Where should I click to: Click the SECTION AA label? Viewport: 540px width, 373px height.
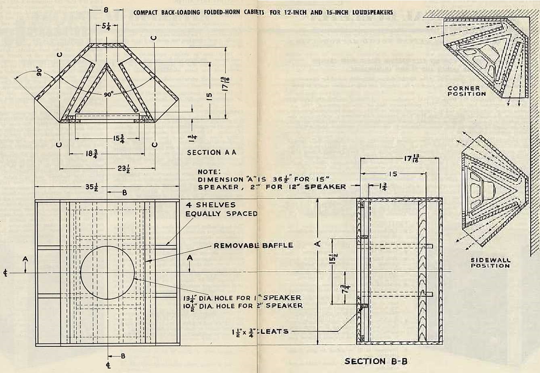[x=211, y=153]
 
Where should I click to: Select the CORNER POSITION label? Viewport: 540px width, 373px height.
[x=467, y=91]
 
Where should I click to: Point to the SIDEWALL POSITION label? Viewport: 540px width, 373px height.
[x=490, y=263]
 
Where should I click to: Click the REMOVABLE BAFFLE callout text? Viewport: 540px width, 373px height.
[x=253, y=245]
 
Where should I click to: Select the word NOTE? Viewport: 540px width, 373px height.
[x=207, y=172]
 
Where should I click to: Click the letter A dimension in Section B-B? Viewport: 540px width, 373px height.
[x=318, y=242]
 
